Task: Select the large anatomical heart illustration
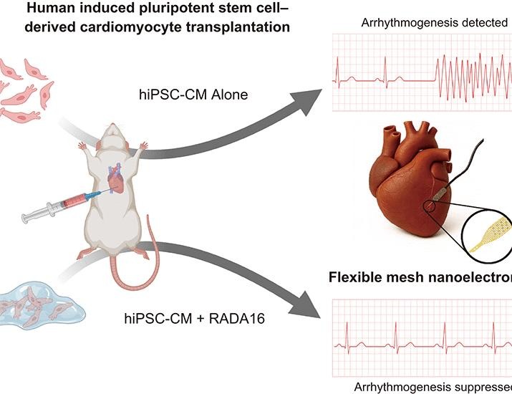pos(412,186)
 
